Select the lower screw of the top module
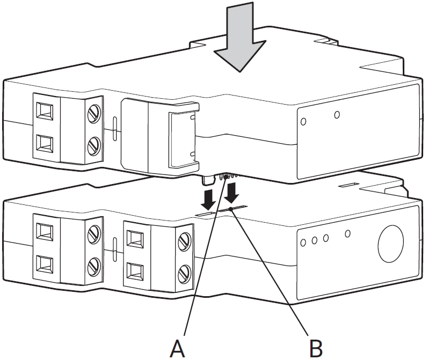(94, 145)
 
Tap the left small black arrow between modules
(208, 199)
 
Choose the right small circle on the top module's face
(337, 114)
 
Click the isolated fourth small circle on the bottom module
(348, 233)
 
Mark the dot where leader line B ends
(231, 209)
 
